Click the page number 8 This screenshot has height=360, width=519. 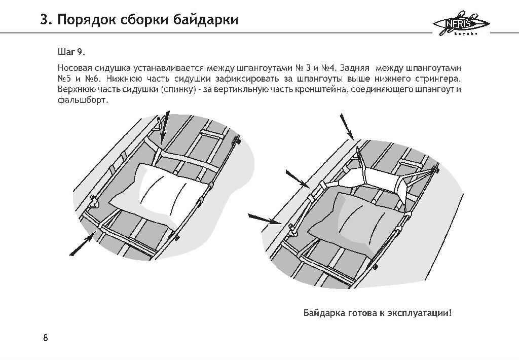pyautogui.click(x=46, y=338)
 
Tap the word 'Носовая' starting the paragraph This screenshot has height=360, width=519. pyautogui.click(x=75, y=68)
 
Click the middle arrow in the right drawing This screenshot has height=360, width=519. pyautogui.click(x=298, y=178)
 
